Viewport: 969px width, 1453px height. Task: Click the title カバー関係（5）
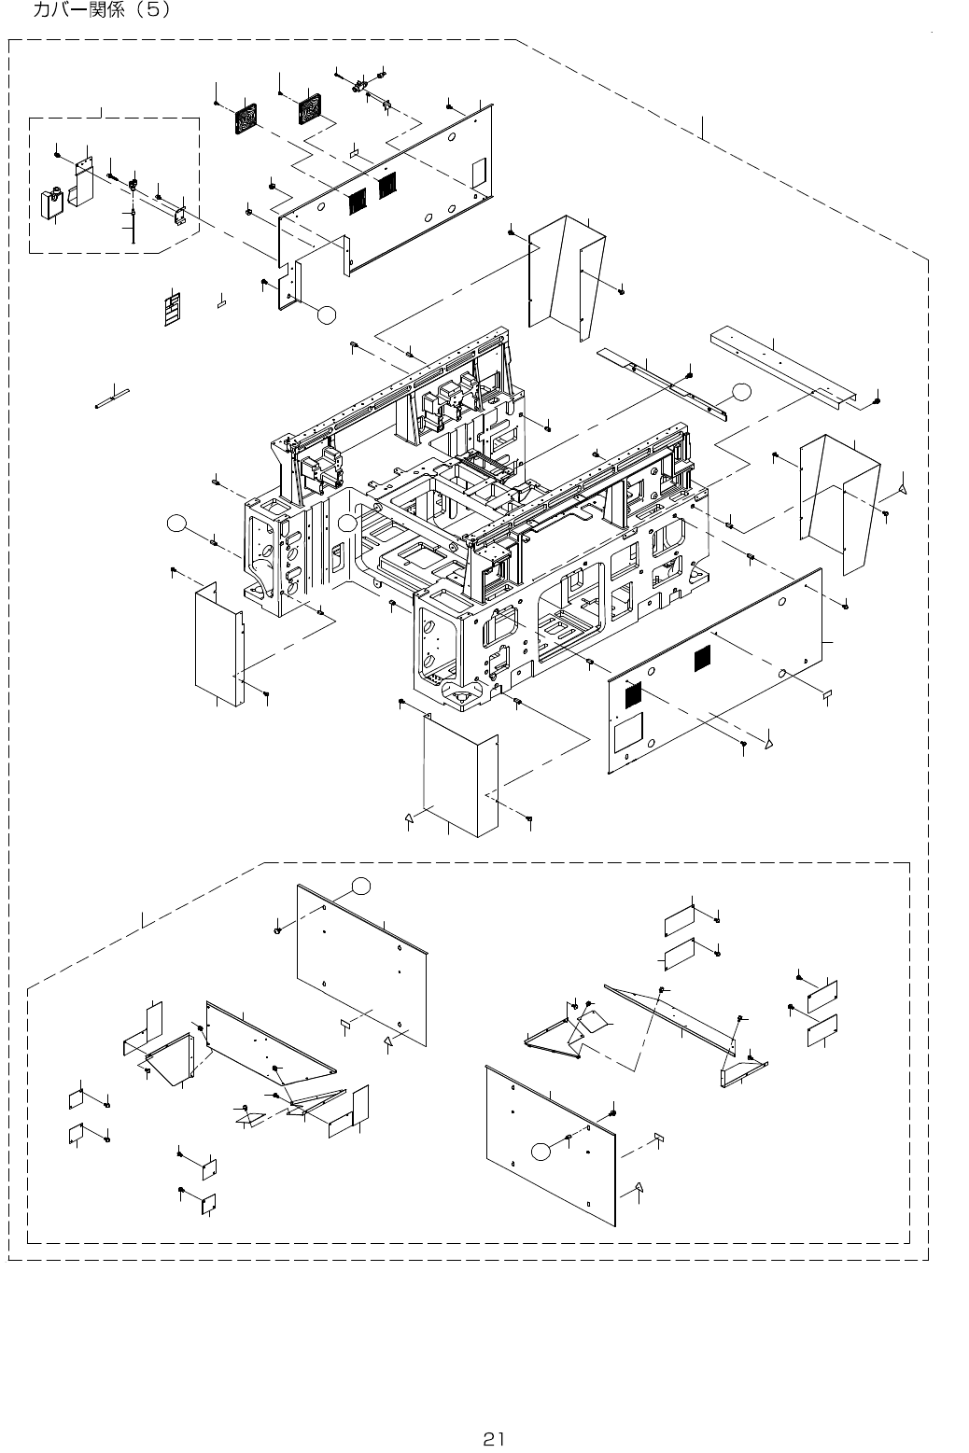coord(102,12)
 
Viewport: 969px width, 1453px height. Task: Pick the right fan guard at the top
coord(309,112)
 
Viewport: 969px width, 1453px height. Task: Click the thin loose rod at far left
coord(113,398)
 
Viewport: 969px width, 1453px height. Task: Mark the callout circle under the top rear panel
coord(325,314)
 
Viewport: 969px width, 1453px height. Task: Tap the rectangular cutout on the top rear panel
coord(479,172)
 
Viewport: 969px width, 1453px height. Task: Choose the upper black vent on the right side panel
coord(703,659)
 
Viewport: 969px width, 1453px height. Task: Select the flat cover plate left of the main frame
coord(217,644)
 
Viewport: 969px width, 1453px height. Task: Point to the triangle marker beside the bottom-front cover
coord(409,818)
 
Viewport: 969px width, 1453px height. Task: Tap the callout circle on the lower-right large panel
coord(540,1151)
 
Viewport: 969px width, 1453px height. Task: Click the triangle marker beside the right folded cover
coord(902,488)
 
